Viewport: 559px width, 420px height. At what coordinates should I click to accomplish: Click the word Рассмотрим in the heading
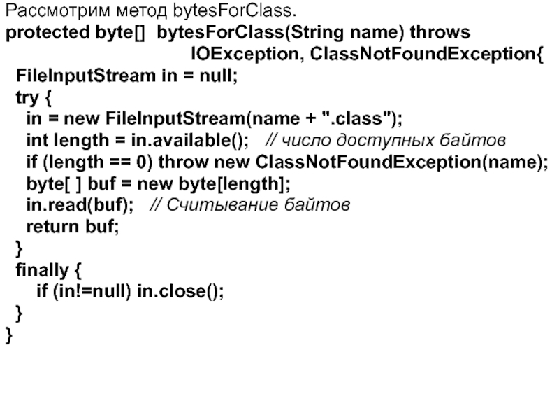point(48,12)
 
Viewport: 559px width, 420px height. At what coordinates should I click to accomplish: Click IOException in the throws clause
point(245,55)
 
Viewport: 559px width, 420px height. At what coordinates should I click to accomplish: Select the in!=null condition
point(91,292)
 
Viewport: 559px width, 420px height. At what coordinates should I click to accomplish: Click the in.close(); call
point(180,292)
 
